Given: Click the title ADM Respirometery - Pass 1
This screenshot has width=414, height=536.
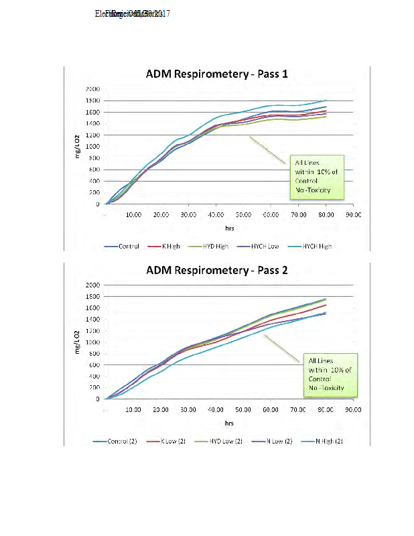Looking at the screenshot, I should tap(217, 74).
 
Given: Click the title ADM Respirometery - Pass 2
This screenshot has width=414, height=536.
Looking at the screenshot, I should tap(217, 271).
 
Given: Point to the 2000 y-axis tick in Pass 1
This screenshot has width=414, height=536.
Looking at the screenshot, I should tap(92, 89).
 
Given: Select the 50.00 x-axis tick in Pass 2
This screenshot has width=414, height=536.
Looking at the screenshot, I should tap(243, 409).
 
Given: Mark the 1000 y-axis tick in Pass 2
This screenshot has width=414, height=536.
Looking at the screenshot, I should tap(92, 342).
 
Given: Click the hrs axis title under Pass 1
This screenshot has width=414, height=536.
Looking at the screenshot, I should tap(229, 228).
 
